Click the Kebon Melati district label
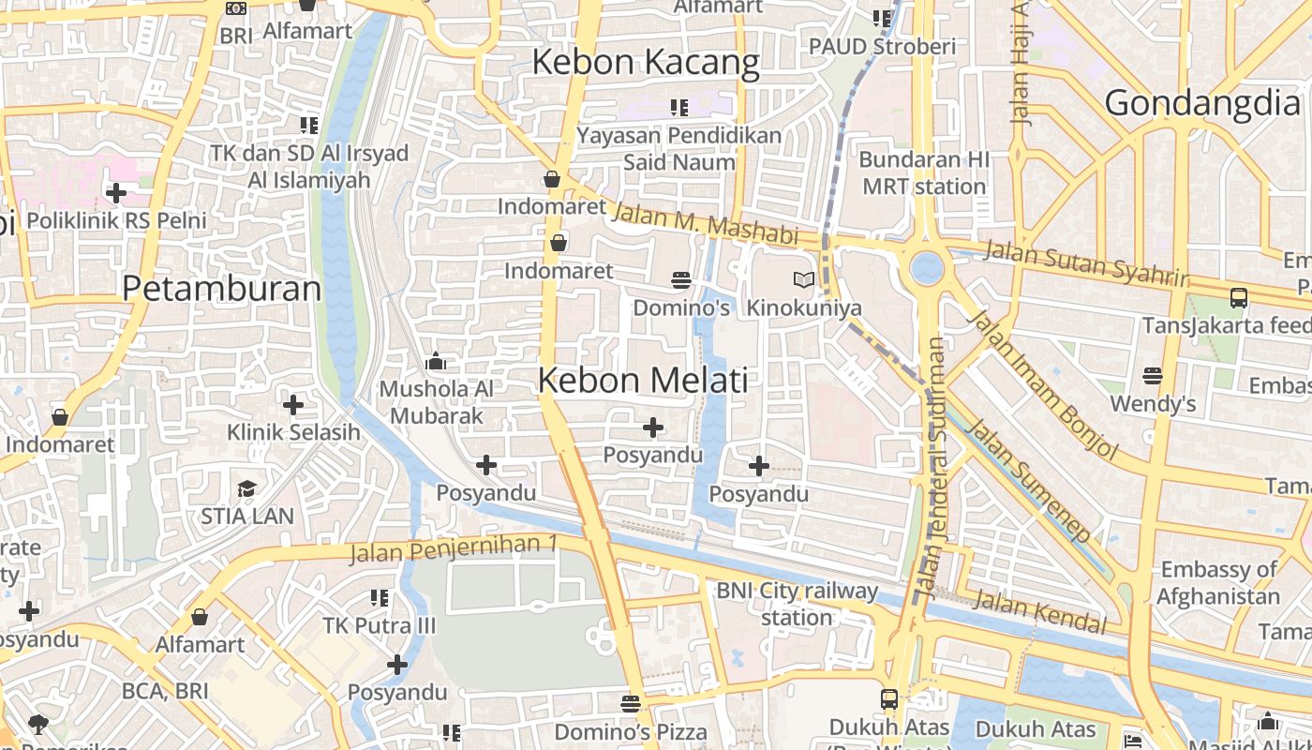pyautogui.click(x=643, y=381)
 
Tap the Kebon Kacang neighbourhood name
pyautogui.click(x=646, y=63)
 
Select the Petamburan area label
pyautogui.click(x=222, y=288)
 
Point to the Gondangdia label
pyautogui.click(x=1203, y=103)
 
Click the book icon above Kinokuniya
pyautogui.click(x=803, y=279)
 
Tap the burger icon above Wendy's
pyautogui.click(x=1153, y=376)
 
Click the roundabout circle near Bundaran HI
pyautogui.click(x=927, y=267)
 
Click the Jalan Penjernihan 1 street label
pyautogui.click(x=454, y=549)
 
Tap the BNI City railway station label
pyautogui.click(x=797, y=604)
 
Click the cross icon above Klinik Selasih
pyautogui.click(x=293, y=405)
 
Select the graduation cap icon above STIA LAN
pyautogui.click(x=246, y=488)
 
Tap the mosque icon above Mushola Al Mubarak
pyautogui.click(x=436, y=361)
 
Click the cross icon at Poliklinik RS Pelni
pyautogui.click(x=116, y=193)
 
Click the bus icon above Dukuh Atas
pyautogui.click(x=888, y=699)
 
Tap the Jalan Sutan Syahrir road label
pyautogui.click(x=1086, y=263)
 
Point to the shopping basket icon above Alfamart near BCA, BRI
pyautogui.click(x=200, y=617)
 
